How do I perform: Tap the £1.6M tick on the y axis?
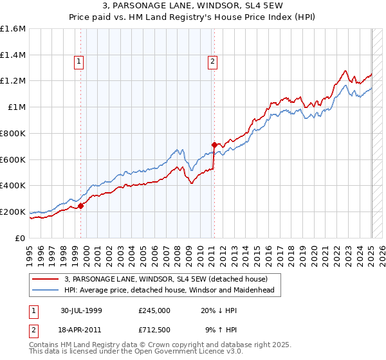coord(13,29)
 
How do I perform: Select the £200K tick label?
coord(13,212)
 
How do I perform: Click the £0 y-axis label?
coord(21,238)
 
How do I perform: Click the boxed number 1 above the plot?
coord(78,62)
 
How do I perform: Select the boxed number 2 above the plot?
coord(212,62)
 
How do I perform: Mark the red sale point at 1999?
coord(81,206)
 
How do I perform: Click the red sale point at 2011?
coord(214,145)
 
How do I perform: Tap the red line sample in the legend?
coord(45,279)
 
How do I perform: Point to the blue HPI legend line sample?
coord(45,290)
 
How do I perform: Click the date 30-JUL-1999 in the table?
coord(81,310)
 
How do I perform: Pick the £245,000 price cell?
coord(154,310)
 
